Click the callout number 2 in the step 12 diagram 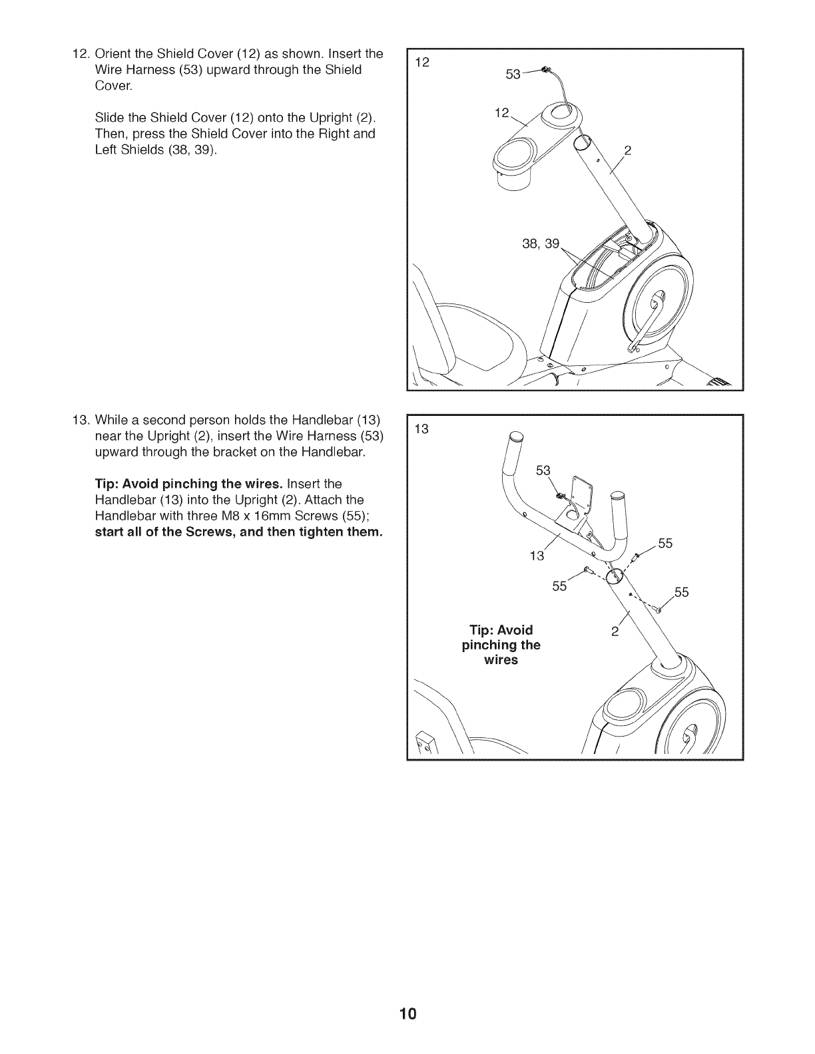pos(627,151)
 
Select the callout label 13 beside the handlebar pos(537,556)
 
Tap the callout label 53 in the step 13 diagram pos(543,471)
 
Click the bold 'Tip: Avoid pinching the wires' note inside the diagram pos(501,645)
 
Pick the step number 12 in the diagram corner pos(421,63)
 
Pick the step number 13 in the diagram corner pos(421,429)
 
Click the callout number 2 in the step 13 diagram pos(616,631)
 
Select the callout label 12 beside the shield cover pos(501,114)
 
